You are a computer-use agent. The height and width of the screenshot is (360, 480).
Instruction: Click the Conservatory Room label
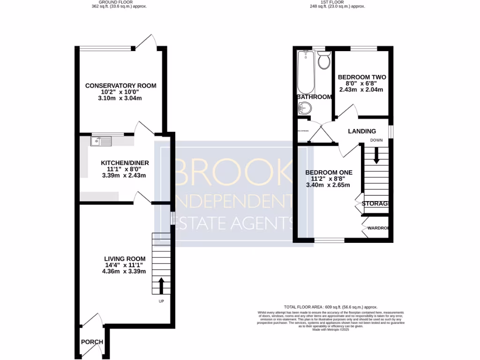[120, 86]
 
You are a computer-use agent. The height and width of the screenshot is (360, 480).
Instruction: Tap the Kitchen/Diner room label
[125, 163]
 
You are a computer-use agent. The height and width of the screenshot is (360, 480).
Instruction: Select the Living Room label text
[125, 259]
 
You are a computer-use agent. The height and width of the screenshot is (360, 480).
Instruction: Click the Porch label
[92, 342]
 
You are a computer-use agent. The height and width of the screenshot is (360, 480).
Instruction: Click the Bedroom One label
[329, 172]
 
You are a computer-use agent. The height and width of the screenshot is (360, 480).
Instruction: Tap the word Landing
[362, 131]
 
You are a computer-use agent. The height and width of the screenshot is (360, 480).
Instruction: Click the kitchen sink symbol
[100, 140]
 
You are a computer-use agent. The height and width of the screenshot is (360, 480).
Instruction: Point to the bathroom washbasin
[304, 109]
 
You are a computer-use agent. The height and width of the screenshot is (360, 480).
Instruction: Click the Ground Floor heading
[108, 2]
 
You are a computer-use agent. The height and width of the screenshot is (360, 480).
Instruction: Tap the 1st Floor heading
[337, 2]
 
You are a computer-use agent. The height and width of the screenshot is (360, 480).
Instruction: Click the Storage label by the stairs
[375, 203]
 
